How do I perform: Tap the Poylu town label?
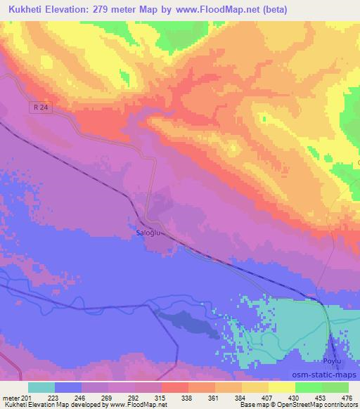pyautogui.click(x=333, y=361)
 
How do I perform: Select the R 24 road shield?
pyautogui.click(x=42, y=107)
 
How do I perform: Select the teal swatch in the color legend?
pyautogui.click(x=41, y=387)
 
